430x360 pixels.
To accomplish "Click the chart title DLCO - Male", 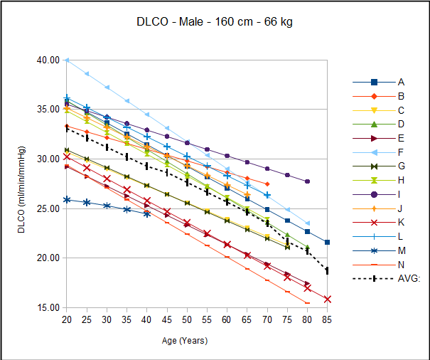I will click(x=215, y=22).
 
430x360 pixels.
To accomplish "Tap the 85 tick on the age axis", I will click(x=327, y=319).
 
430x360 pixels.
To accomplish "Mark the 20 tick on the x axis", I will click(x=66, y=319).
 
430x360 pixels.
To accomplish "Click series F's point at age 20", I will click(x=66, y=60).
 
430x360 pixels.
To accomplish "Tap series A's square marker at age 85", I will click(x=327, y=242).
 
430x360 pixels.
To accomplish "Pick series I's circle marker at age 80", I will click(x=307, y=181).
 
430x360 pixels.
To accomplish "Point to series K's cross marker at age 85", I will click(x=327, y=299).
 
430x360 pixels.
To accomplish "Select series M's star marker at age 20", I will click(x=66, y=200).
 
